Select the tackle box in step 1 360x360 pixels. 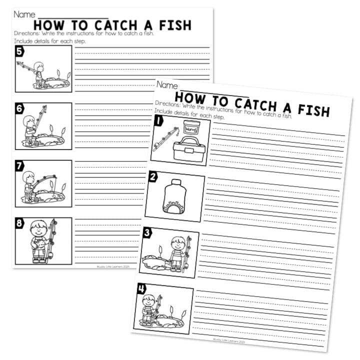[185, 150]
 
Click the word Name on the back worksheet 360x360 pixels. [24, 14]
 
